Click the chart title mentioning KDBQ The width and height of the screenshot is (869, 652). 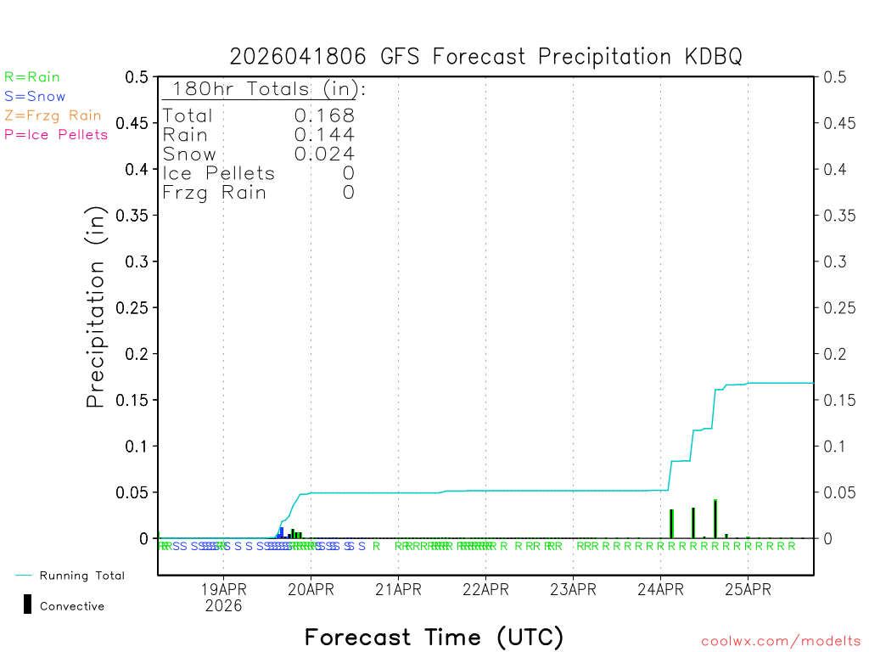(485, 57)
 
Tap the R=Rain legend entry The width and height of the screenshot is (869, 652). (32, 77)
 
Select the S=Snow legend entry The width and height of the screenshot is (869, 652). (35, 97)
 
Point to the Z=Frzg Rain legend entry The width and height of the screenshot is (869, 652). (53, 115)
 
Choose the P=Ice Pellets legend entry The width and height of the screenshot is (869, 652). (56, 134)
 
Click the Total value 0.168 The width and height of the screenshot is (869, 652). (324, 115)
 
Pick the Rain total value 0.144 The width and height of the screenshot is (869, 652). (324, 134)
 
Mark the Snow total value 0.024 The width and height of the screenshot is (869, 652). (324, 154)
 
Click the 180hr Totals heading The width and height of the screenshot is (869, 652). (265, 89)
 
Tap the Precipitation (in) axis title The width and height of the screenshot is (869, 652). (97, 307)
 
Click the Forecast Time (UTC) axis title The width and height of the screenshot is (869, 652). (434, 637)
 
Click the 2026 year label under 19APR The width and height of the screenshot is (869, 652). (223, 606)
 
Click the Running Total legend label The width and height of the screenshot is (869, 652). (81, 576)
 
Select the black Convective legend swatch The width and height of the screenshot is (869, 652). (28, 604)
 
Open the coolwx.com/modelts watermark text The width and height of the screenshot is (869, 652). (781, 642)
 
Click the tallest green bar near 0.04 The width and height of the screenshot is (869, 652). (715, 519)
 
